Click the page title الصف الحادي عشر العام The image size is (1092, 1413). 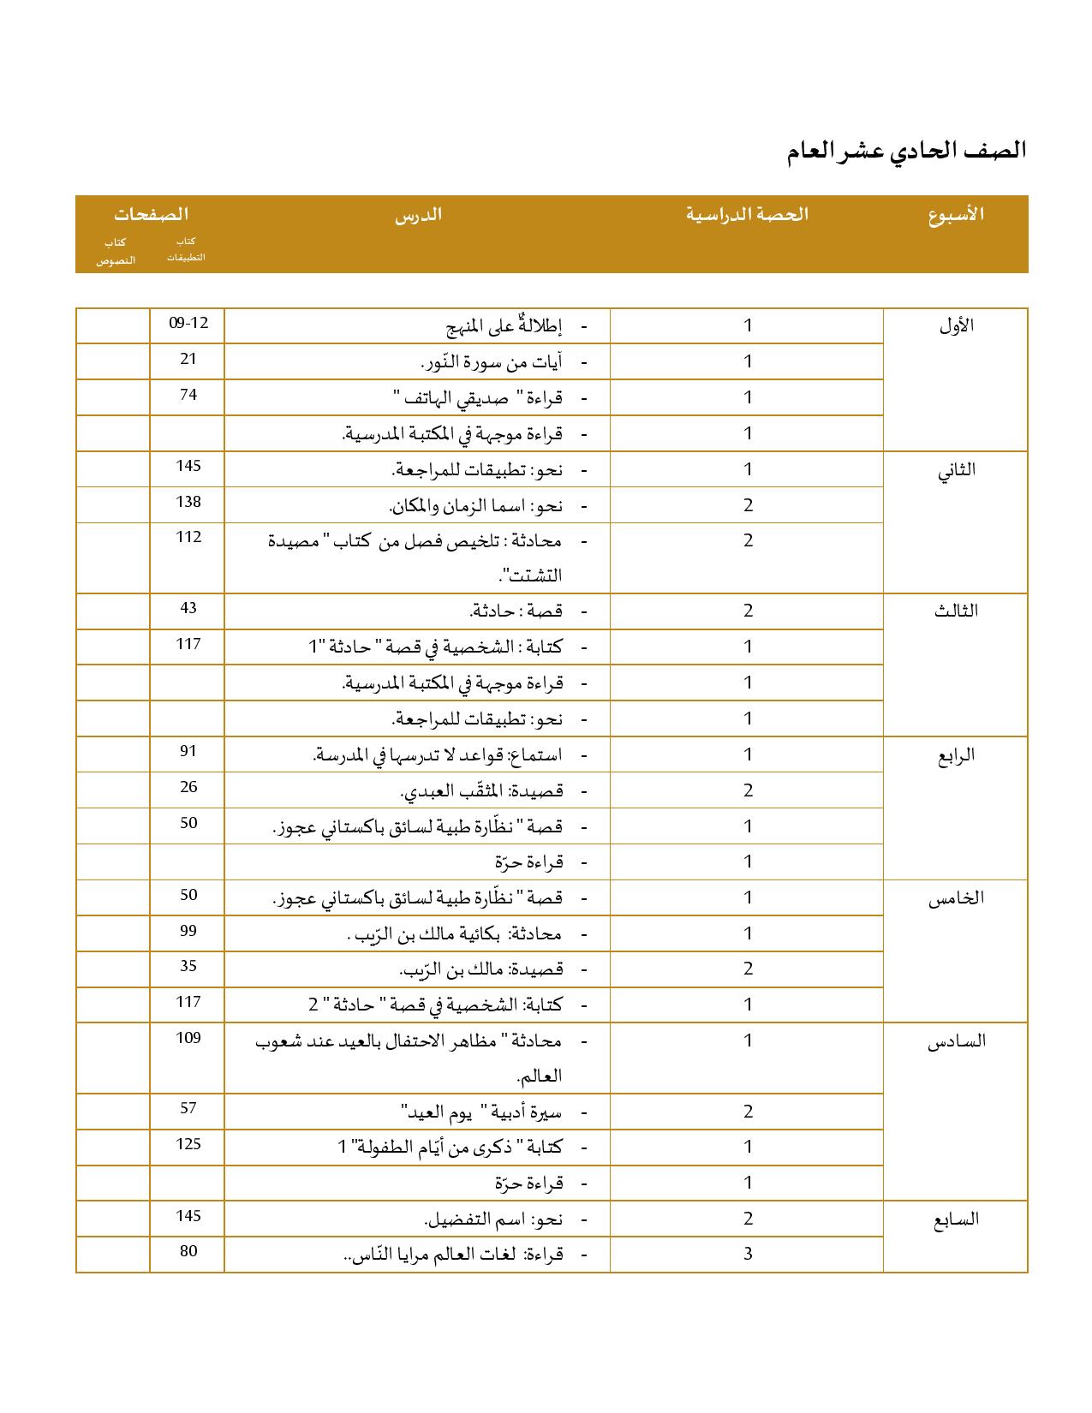pos(906,151)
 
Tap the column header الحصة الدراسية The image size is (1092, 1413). pos(747,214)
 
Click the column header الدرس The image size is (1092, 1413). pos(418,214)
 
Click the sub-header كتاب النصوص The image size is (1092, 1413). pos(116,251)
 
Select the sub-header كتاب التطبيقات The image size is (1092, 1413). pos(187,249)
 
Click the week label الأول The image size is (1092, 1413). pos(956,326)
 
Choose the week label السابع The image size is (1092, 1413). pos(956,1219)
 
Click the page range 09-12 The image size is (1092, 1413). pos(188,324)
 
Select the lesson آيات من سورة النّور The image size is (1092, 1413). pos(492,362)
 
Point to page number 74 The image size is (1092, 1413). pos(188,395)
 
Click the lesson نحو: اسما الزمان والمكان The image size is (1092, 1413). pos(476,506)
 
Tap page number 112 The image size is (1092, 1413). pos(188,538)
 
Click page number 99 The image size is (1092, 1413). pos(188,931)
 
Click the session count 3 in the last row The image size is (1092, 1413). pos(748,1255)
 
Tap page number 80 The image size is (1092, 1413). pos(188,1252)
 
